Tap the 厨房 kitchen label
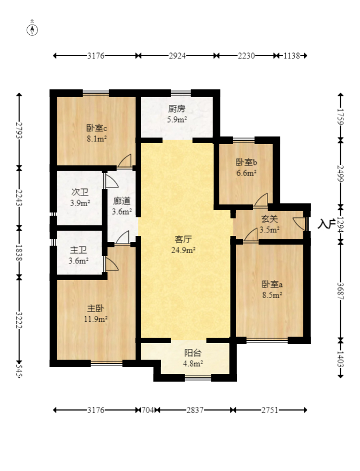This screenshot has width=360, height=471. coord(177,109)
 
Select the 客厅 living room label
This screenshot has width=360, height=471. coord(183,239)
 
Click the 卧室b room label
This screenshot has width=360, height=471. coord(247,162)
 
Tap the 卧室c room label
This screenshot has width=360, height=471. coord(97,128)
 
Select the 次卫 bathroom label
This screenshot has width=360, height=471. coord(80,192)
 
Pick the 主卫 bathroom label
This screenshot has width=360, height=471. coord(78,250)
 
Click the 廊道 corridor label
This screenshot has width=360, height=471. coord(121,201)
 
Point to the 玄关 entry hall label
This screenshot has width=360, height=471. coord(270,219)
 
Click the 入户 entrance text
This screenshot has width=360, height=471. coord(326,224)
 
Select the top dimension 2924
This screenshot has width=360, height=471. coord(178,56)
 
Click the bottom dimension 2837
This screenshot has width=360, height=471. coord(195,410)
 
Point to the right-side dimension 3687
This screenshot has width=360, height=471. coord(341,290)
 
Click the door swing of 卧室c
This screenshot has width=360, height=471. coord(125,160)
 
